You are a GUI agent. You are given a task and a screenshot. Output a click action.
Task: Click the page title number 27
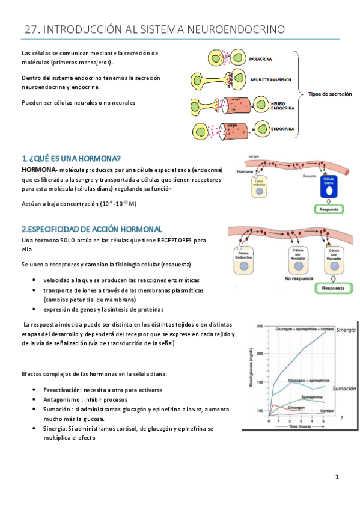pos(31,29)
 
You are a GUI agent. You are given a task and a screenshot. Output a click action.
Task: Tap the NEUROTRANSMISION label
pos(270,79)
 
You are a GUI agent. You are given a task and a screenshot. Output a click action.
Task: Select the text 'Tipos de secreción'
pos(330,94)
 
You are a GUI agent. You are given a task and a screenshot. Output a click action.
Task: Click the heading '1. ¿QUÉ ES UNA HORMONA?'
pos(71,159)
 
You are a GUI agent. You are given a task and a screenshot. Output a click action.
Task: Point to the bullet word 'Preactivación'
pos(66,390)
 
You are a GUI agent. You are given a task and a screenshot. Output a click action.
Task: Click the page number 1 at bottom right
pos(337,477)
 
